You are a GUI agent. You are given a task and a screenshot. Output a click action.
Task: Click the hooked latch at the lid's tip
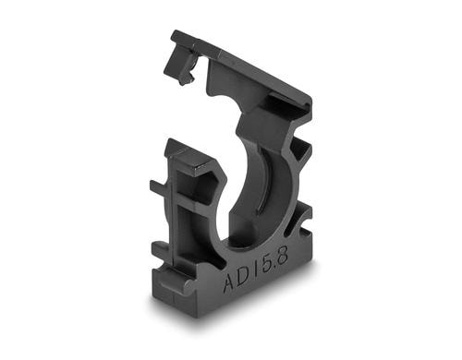coord(182,65)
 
